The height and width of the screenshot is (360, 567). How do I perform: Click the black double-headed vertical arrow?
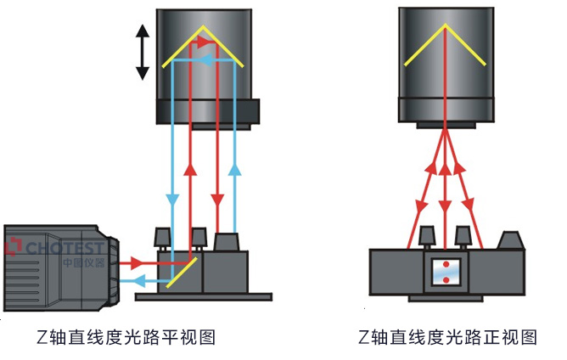(x=143, y=51)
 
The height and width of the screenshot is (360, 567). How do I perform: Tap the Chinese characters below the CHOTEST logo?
(x=83, y=263)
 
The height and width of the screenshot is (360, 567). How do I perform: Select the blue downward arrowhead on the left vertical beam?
(x=173, y=200)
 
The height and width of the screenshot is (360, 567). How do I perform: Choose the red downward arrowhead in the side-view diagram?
(x=218, y=201)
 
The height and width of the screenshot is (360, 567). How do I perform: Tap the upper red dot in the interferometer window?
(x=445, y=265)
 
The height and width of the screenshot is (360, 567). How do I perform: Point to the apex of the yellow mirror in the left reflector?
(x=204, y=29)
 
